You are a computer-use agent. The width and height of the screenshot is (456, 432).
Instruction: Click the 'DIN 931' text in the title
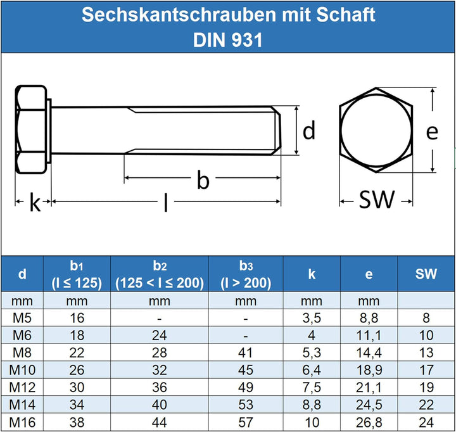[x=227, y=40]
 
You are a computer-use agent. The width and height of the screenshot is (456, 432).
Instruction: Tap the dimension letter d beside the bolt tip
[x=308, y=131]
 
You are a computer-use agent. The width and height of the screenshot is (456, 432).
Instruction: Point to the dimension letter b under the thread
[x=203, y=181]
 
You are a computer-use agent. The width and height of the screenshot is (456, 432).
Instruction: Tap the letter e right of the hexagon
[x=432, y=132]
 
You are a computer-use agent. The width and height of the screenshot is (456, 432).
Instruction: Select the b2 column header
[x=160, y=274]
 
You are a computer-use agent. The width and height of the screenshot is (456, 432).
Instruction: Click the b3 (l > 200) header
[x=246, y=274]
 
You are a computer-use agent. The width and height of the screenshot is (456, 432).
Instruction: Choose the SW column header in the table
[x=426, y=274]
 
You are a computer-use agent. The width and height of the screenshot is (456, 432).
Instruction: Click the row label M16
[x=22, y=421]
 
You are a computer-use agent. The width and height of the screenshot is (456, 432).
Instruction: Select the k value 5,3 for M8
[x=312, y=352]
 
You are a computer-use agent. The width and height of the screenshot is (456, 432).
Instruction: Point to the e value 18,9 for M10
[x=369, y=369]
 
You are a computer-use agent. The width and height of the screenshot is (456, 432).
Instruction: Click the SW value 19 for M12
[x=426, y=386]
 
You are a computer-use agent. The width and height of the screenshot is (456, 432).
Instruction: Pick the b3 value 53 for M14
[x=246, y=404]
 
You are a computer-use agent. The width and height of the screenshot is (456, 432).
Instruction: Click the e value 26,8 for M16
[x=369, y=421]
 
